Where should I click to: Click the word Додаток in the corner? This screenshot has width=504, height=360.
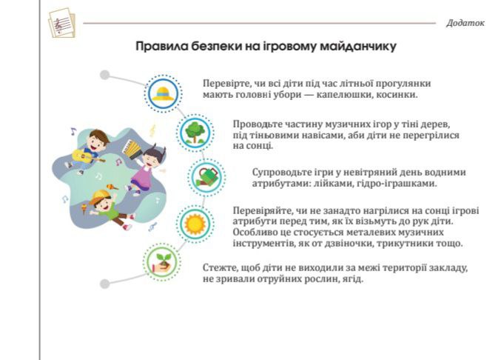465,23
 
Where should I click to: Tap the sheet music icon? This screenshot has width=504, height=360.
62,23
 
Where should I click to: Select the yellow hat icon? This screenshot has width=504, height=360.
163,93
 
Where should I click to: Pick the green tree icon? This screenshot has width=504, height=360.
195,133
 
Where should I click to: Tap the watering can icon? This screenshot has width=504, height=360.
206,177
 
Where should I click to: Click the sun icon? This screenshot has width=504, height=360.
195,224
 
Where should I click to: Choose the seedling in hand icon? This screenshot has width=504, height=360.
161,262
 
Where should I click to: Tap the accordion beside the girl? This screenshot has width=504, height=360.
132,148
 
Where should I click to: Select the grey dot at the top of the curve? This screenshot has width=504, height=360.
105,75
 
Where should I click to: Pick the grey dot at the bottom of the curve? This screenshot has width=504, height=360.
105,284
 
